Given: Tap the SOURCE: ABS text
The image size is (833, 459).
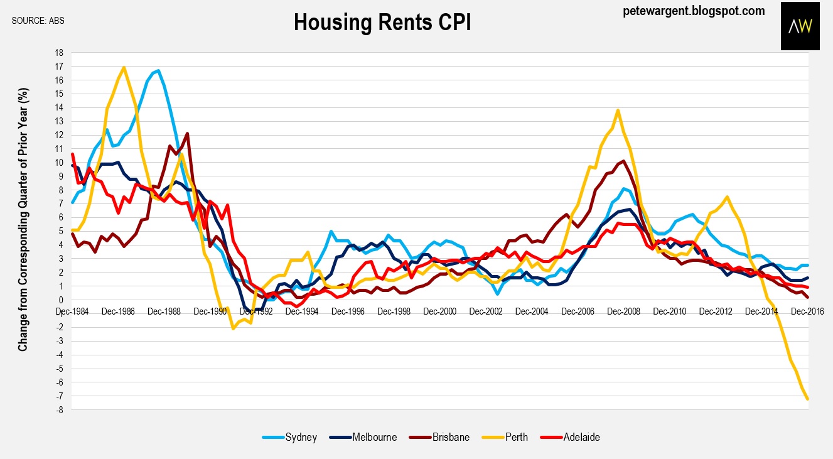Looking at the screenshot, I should point(38,20).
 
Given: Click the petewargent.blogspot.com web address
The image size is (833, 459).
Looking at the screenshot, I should point(694,11).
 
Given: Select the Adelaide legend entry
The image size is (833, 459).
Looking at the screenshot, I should point(578,437).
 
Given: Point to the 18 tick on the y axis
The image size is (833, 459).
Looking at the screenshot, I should point(60,53).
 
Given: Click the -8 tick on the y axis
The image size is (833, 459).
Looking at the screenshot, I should point(60,410).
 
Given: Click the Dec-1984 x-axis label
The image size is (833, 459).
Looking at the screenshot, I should point(71,310).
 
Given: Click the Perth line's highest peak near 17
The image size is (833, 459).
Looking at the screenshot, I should point(124,67).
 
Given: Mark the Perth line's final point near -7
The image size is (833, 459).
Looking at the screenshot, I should point(807,399).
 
